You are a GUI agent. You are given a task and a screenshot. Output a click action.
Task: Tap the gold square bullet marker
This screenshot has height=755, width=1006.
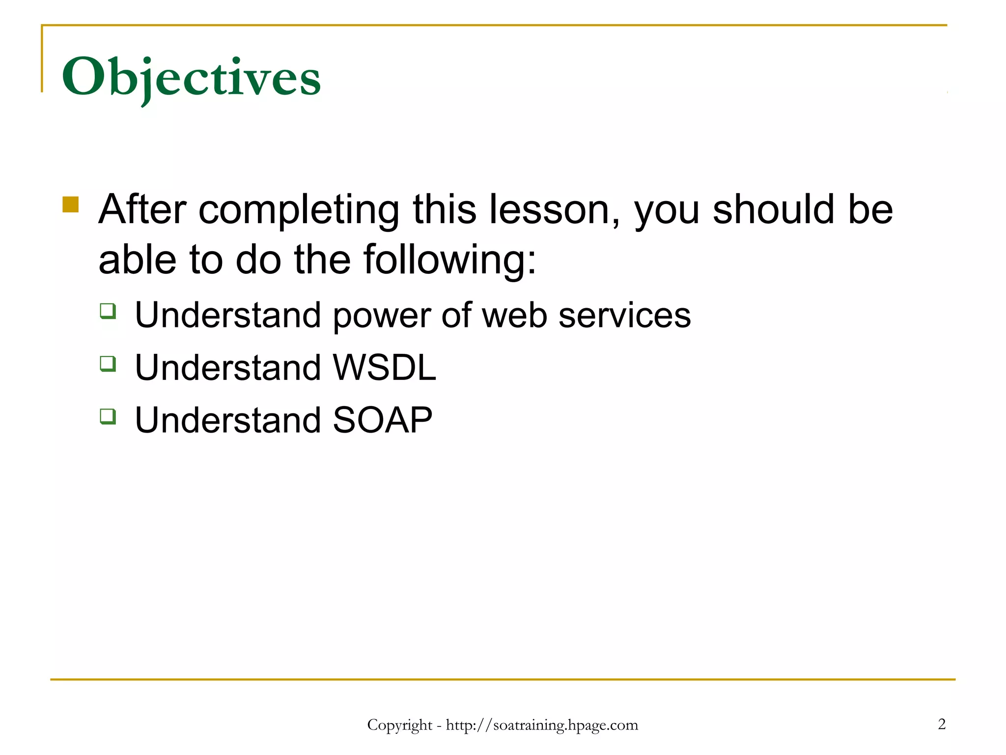click(x=71, y=204)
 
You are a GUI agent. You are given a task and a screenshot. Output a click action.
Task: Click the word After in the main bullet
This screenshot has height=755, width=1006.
click(x=142, y=209)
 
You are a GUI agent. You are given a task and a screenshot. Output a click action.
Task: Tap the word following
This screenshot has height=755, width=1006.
click(x=449, y=261)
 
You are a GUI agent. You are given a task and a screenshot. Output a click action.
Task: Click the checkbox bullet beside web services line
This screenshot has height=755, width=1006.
click(x=108, y=311)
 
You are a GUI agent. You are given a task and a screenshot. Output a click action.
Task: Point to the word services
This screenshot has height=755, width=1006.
click(x=624, y=315)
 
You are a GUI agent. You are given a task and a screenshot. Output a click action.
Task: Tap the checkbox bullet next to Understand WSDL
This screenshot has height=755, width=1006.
click(x=108, y=364)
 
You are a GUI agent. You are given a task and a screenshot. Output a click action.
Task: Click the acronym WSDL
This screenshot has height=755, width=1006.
click(x=384, y=367)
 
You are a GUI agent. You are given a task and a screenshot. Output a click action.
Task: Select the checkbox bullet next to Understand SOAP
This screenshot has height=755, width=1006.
click(x=108, y=416)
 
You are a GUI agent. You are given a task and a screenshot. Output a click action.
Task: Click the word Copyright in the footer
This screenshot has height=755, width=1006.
click(x=399, y=725)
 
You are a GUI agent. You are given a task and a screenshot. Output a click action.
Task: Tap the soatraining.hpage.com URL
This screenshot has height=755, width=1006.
click(x=542, y=725)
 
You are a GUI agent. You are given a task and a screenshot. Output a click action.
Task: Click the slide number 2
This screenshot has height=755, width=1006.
click(x=942, y=724)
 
